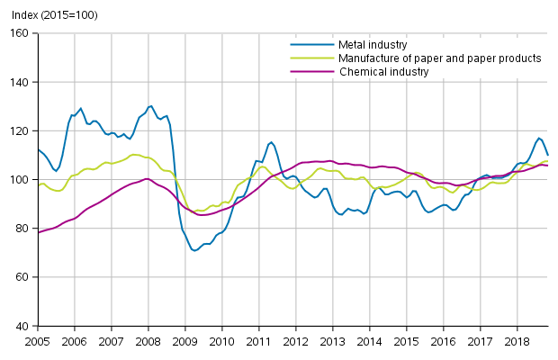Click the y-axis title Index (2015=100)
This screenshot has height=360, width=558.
point(49,15)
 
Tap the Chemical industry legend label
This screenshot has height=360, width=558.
point(383,71)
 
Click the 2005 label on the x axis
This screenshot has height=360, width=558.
point(37,342)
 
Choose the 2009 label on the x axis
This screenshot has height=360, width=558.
point(184,342)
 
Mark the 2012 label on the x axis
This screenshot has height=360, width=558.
point(295,342)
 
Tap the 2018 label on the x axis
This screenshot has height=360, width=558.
point(517,342)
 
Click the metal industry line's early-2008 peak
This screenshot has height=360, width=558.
point(150,106)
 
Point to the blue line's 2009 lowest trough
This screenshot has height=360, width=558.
point(194,250)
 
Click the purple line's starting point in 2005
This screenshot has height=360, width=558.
point(37,232)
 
